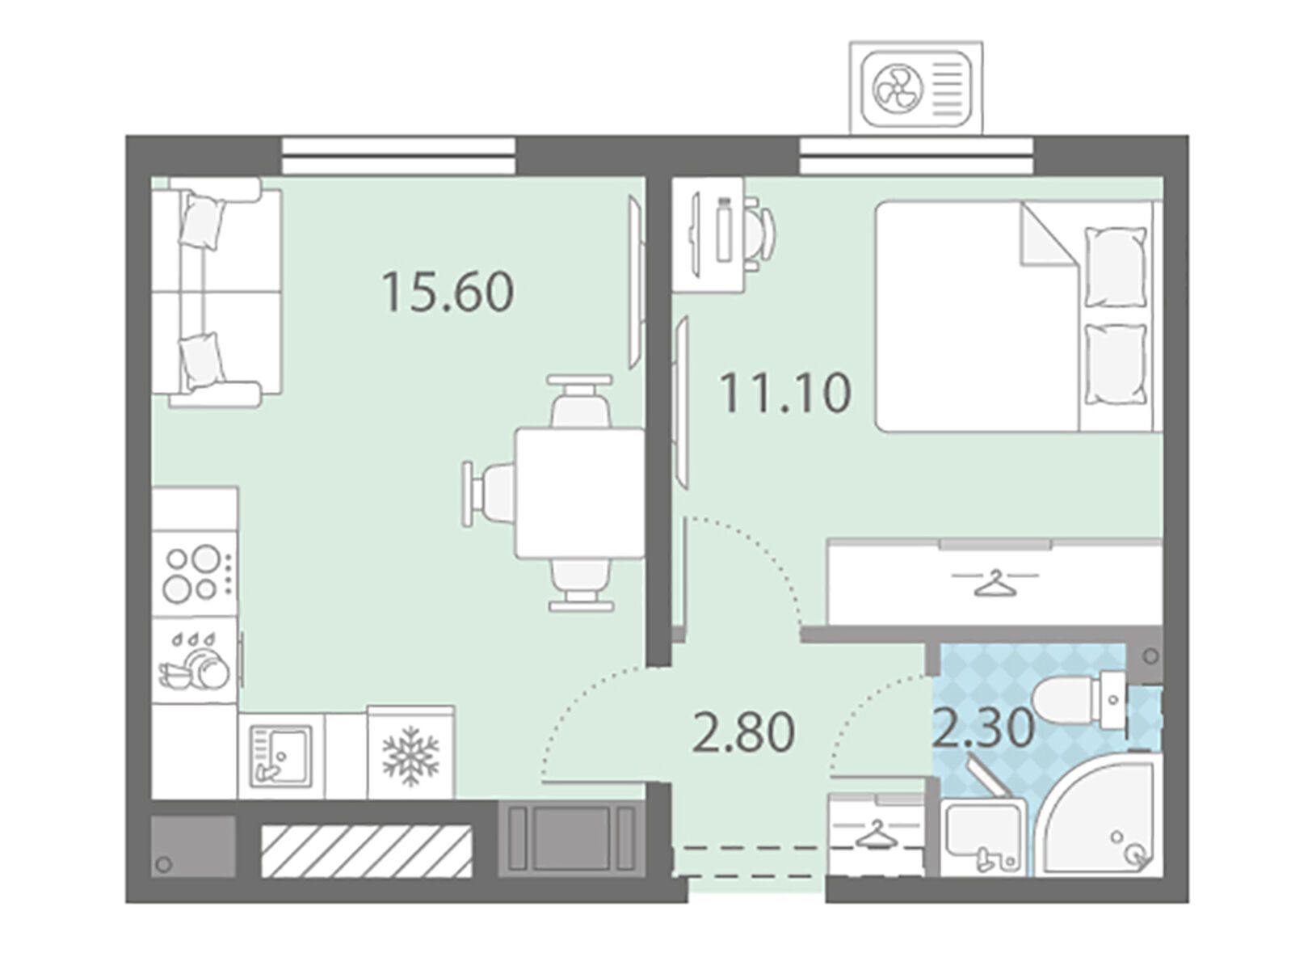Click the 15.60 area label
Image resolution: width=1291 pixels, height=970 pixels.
pyautogui.click(x=448, y=292)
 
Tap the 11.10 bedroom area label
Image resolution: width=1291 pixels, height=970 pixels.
pyautogui.click(x=785, y=392)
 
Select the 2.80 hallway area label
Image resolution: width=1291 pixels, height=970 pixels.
pyautogui.click(x=743, y=732)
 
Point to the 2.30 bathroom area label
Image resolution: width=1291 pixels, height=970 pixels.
pyautogui.click(x=983, y=727)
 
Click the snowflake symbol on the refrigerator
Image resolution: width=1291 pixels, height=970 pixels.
pyautogui.click(x=410, y=756)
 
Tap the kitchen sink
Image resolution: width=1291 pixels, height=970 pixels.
pyautogui.click(x=280, y=756)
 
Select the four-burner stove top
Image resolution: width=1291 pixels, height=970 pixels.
pyautogui.click(x=195, y=574)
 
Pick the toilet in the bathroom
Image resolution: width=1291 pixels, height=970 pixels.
pyautogui.click(x=1081, y=699)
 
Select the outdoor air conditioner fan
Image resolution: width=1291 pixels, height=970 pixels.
pyautogui.click(x=898, y=89)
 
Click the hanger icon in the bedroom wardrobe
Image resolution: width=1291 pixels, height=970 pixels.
pyautogui.click(x=994, y=584)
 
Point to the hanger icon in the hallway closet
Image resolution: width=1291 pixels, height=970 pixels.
pyautogui.click(x=875, y=834)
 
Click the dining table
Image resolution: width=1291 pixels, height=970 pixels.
pyautogui.click(x=580, y=493)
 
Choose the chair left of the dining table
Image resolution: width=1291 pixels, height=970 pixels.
pyautogui.click(x=488, y=493)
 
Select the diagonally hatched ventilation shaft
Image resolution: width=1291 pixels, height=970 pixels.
pyautogui.click(x=367, y=851)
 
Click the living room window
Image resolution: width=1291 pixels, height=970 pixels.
pyautogui.click(x=398, y=155)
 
